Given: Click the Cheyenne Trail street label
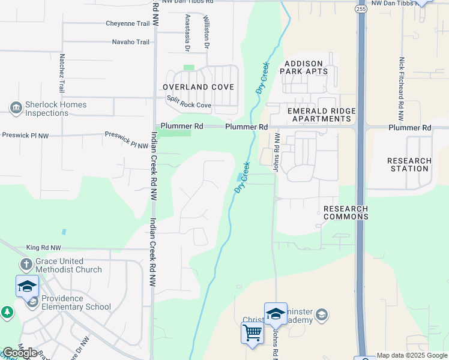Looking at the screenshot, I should [x=127, y=23].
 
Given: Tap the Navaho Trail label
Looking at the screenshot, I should [x=131, y=42].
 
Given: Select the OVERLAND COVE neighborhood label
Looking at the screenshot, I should [x=198, y=87].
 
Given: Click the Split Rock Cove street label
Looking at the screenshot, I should [x=188, y=102].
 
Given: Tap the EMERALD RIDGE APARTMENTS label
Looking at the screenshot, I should [x=322, y=115].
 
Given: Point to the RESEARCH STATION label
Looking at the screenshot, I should [x=409, y=164].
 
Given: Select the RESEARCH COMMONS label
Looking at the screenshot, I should [x=346, y=212].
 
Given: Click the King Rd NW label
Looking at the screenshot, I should [x=44, y=247].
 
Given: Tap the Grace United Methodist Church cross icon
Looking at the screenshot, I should [x=26, y=265].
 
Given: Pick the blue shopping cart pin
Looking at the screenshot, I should [x=252, y=332].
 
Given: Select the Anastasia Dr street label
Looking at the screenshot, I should [x=188, y=31].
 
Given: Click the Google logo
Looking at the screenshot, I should [x=19, y=353].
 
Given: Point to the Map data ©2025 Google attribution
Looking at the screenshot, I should [x=412, y=355].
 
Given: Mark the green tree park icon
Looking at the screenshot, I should [x=7, y=312].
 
